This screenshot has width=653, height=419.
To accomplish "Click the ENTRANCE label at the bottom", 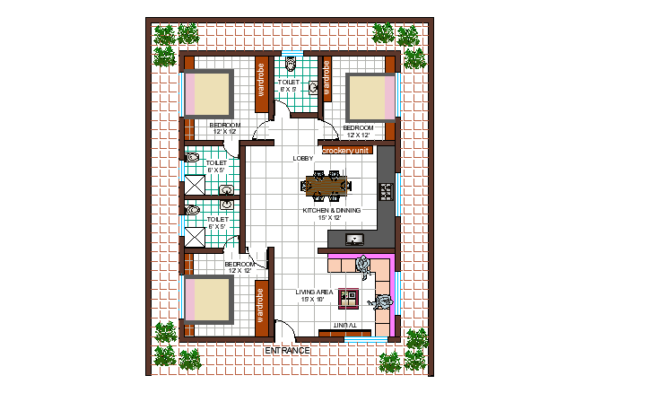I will coord(287,350).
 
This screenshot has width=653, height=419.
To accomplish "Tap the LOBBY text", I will coord(303,159).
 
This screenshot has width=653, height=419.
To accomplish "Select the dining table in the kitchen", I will coord(327,188).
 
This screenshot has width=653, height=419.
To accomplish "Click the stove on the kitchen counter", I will coord(387,191).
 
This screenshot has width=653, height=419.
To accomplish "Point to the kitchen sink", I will coord(354,240).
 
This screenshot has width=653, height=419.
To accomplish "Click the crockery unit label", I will coord(346,151).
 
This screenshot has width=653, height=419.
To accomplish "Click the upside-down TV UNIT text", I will coord(345,325).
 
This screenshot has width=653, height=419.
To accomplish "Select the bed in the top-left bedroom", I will coord(210,93).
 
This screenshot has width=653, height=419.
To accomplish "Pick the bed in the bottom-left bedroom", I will coord(208,300).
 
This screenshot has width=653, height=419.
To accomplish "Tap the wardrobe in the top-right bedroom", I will coord(327,83).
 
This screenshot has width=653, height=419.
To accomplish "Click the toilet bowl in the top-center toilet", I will coord(290,65).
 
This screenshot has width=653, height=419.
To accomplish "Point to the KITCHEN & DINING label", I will coord(332,213).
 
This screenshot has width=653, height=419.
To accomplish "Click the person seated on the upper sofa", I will coord(363,265).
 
